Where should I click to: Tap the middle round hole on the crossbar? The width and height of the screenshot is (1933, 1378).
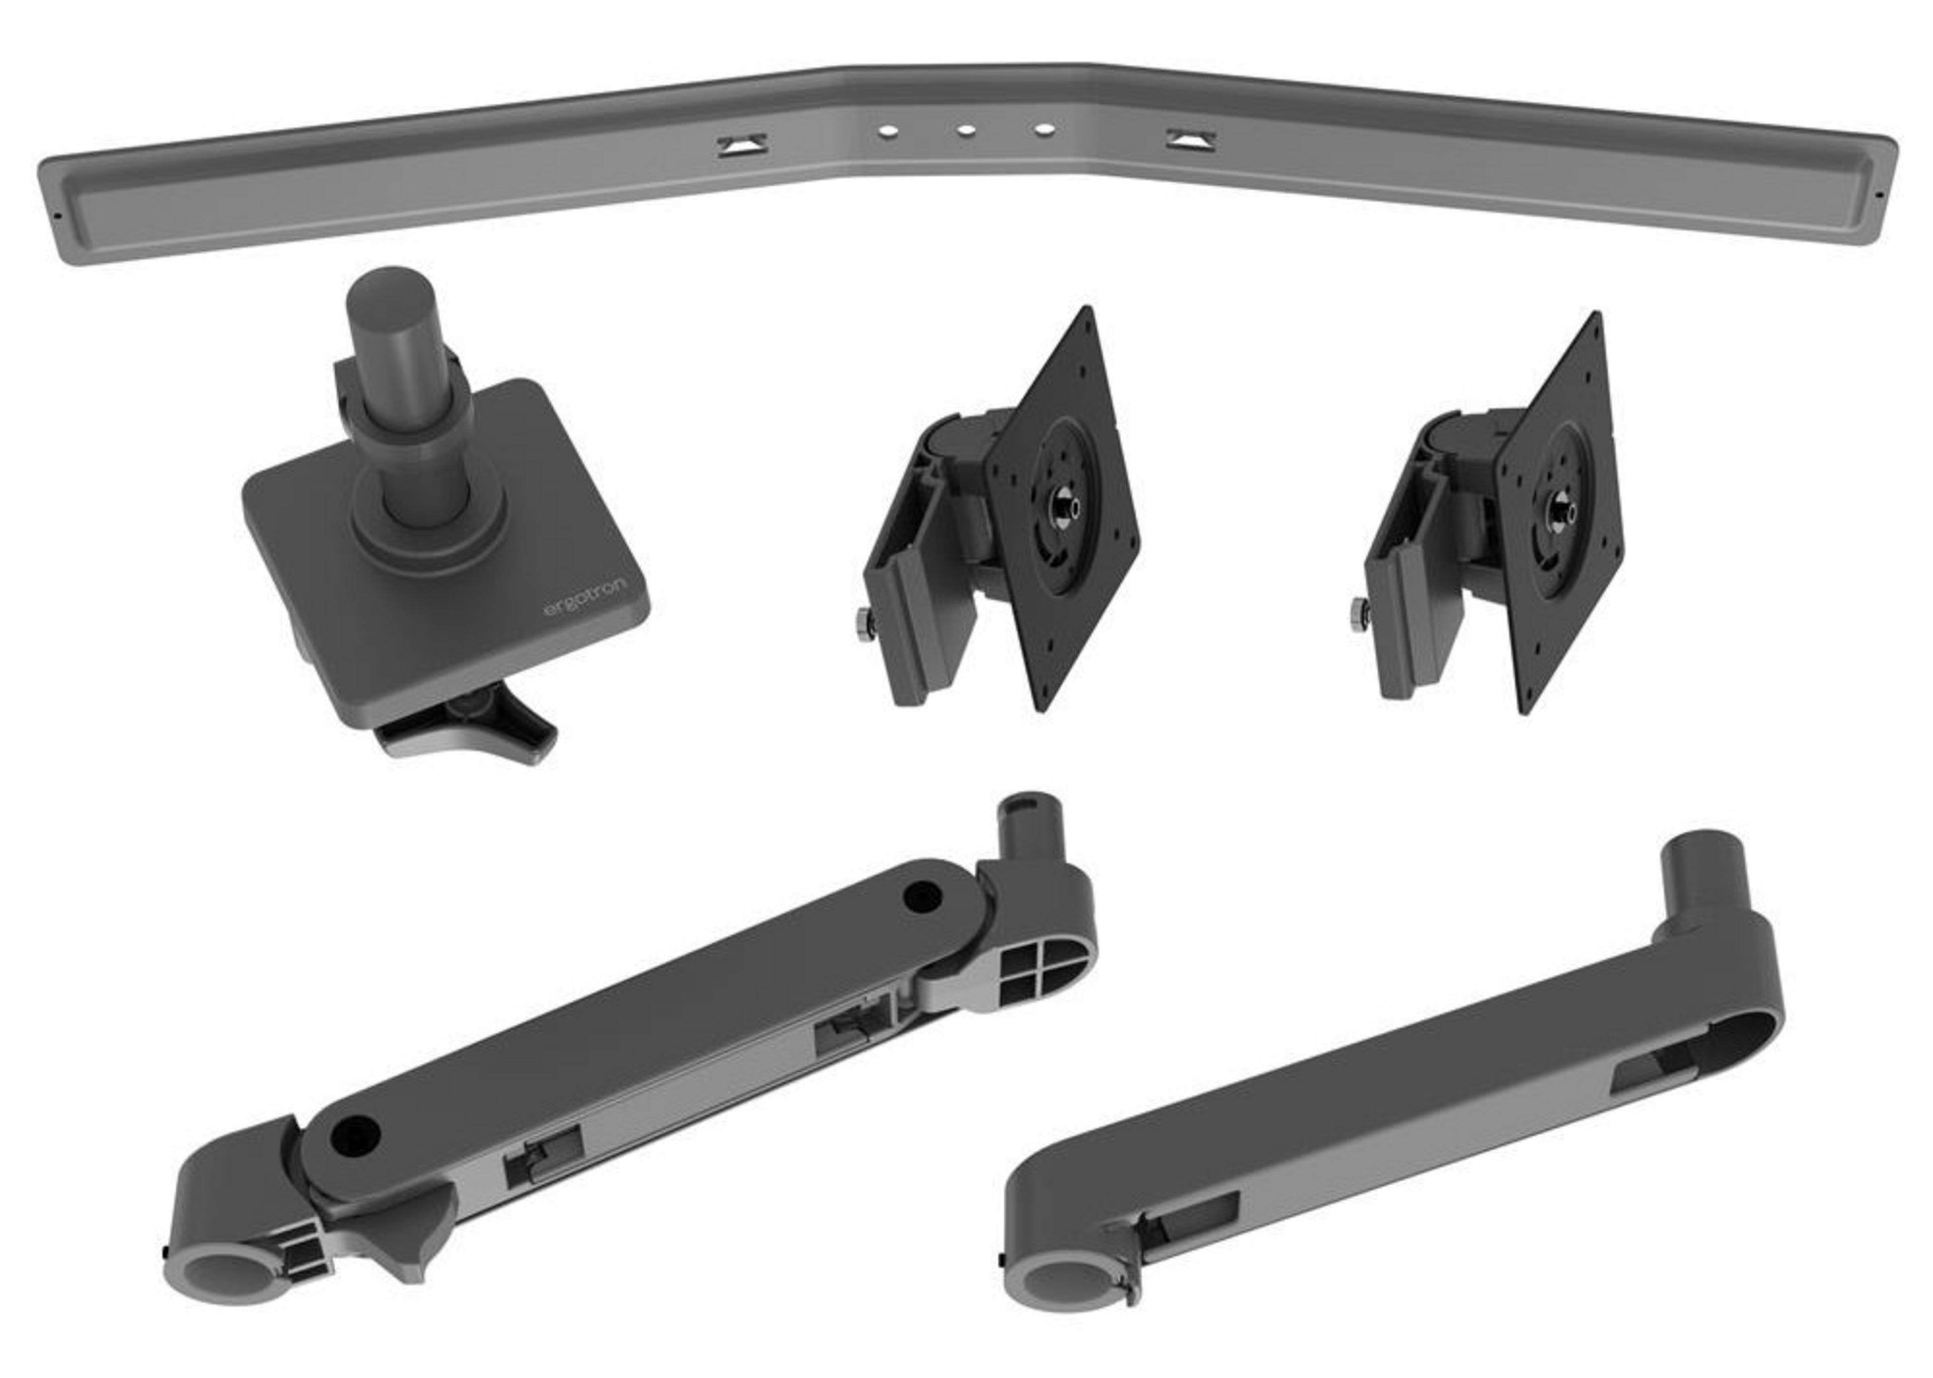[964, 131]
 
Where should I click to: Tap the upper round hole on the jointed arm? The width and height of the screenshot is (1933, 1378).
[923, 896]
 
